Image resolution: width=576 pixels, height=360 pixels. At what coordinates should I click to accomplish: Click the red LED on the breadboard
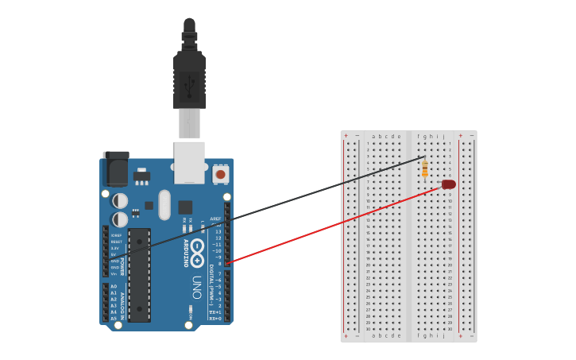point(449,184)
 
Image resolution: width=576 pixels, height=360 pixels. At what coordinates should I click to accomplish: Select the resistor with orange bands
point(425,168)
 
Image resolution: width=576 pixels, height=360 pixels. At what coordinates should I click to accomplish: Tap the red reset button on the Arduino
point(220,173)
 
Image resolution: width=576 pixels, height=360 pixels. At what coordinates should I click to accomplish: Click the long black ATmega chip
point(139,274)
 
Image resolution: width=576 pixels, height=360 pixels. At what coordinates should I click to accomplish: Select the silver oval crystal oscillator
point(164,204)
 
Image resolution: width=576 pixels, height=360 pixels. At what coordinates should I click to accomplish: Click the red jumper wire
point(334,223)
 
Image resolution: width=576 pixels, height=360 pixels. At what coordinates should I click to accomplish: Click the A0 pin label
point(114,286)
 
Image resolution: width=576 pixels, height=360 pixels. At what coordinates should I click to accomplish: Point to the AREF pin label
point(215,219)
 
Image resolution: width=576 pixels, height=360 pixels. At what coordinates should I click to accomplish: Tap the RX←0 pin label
point(215,319)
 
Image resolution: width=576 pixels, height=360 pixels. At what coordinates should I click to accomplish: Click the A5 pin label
point(114,319)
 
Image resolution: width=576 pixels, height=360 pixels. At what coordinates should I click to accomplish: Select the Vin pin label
point(115,273)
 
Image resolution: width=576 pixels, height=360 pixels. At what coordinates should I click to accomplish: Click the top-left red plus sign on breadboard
point(346,136)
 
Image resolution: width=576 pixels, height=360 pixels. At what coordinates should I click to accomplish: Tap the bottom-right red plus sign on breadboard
point(460,336)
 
